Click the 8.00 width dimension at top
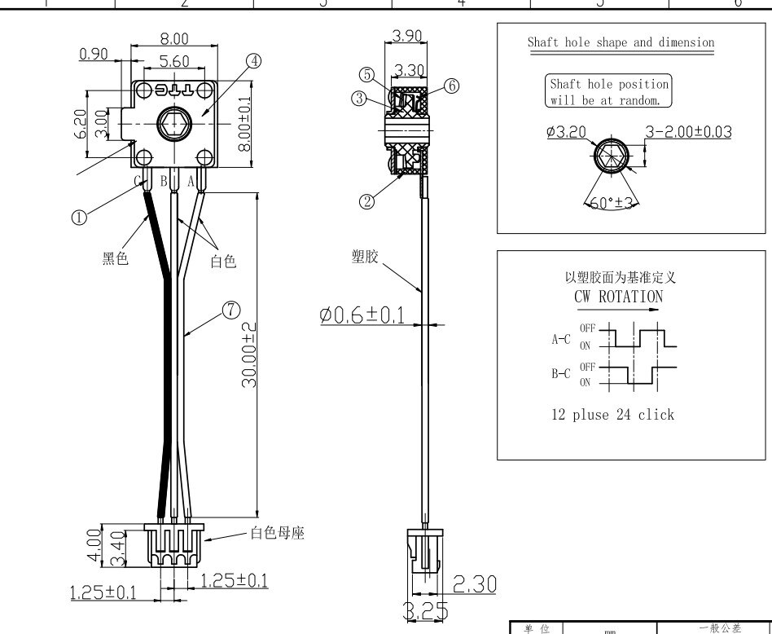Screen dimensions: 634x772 173,39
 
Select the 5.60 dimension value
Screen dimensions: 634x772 173,61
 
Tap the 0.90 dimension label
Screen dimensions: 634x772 94,54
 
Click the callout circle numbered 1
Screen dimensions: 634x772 79,218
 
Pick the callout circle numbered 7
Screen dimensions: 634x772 231,310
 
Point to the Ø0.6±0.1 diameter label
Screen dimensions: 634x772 362,315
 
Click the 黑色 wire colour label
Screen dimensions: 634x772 115,259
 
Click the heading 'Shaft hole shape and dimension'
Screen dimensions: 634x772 621,42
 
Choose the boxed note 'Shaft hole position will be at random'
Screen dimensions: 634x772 609,92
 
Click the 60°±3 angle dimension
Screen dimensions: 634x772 612,204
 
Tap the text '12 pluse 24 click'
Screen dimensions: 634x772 613,415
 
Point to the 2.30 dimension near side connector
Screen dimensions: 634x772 473,583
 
